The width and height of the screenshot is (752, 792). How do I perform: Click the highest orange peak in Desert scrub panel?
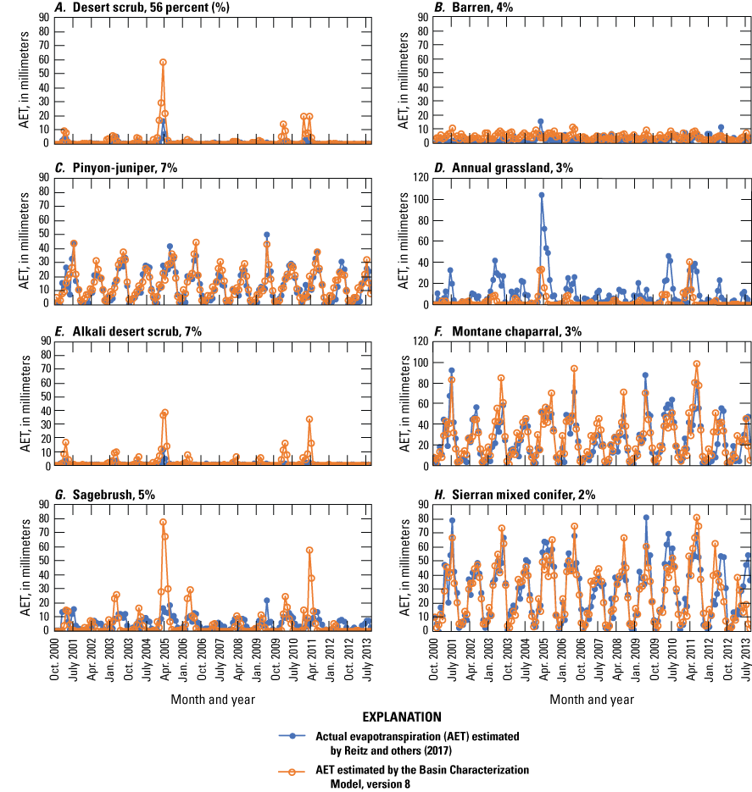click(x=163, y=62)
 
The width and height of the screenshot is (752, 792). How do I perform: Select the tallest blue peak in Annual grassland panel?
click(x=541, y=195)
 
